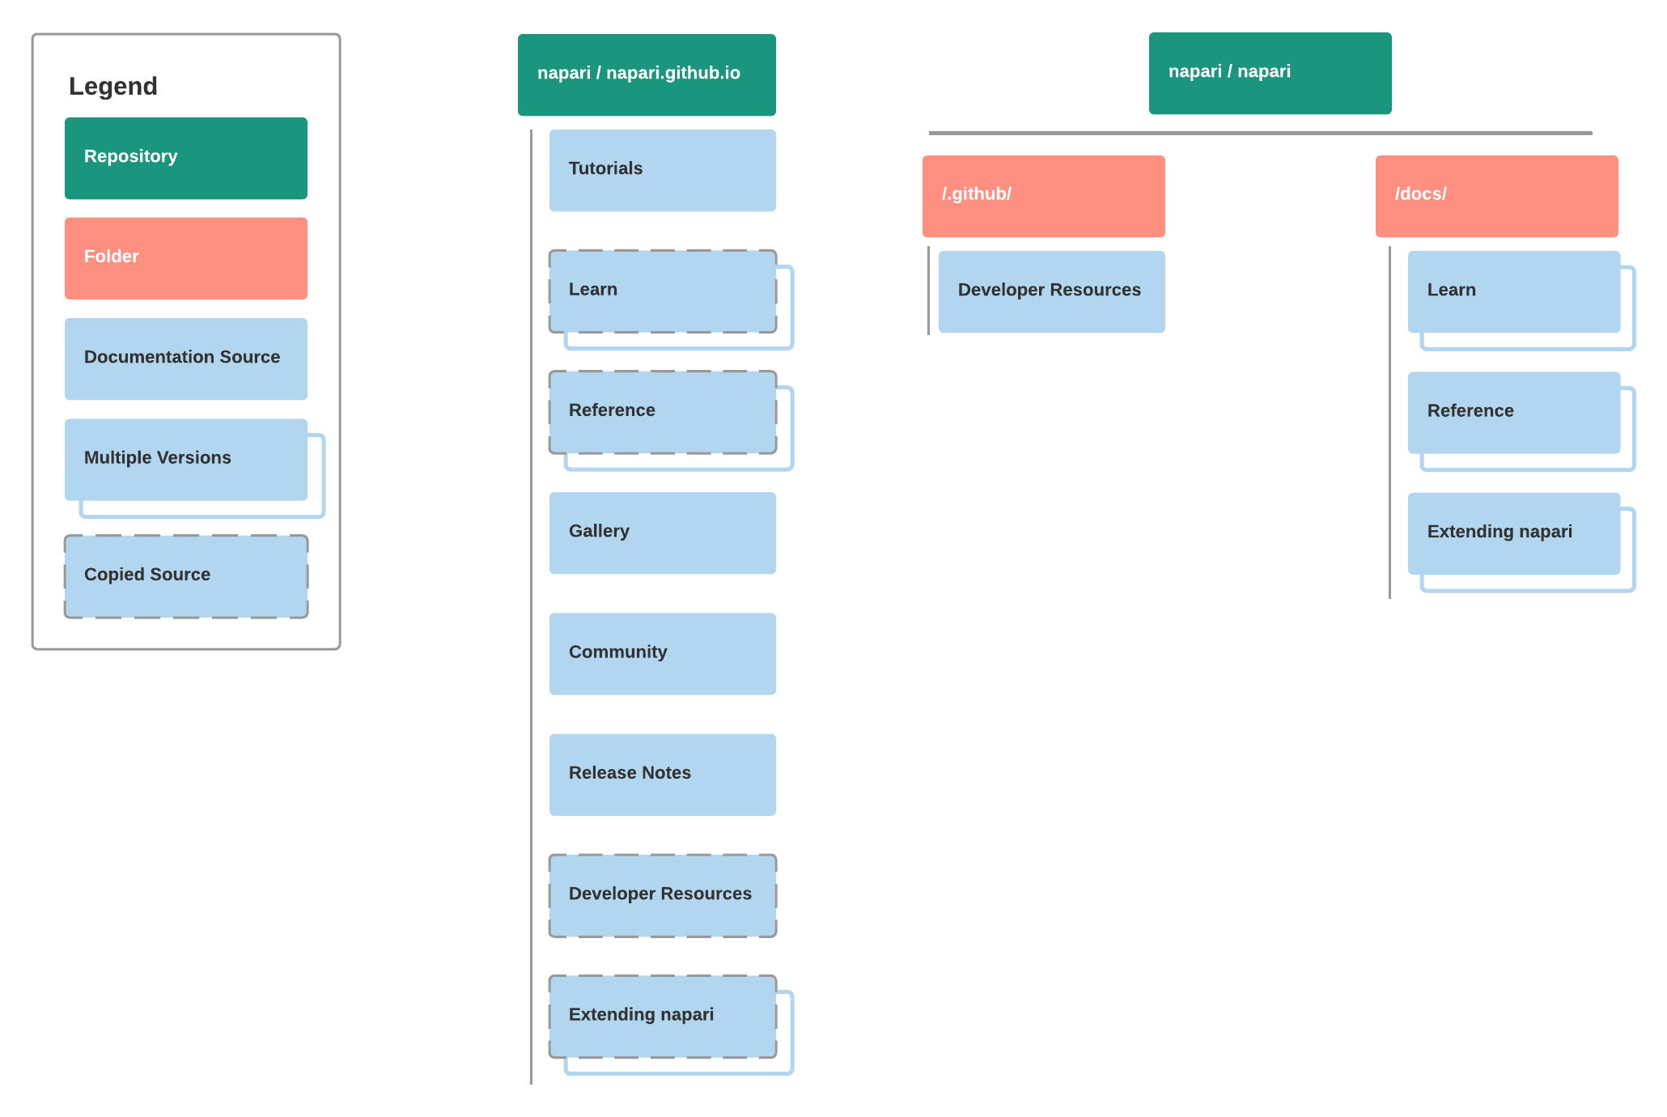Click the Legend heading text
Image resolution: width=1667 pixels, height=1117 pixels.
[x=113, y=86]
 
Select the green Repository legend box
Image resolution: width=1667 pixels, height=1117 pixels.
[x=186, y=158]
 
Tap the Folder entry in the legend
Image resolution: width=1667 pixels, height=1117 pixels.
[x=186, y=258]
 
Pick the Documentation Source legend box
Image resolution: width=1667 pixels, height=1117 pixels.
[x=186, y=359]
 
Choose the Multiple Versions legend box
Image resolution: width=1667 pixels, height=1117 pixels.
[x=186, y=459]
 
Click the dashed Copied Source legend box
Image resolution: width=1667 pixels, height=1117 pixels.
[x=186, y=575]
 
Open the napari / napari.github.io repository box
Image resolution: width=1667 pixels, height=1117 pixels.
[x=647, y=74]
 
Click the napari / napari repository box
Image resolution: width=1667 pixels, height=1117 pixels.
[x=1270, y=73]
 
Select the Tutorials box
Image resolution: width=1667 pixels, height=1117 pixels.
[x=663, y=170]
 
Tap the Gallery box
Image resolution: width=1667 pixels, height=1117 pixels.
[x=663, y=533]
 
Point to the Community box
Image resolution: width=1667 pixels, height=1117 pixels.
[x=663, y=653]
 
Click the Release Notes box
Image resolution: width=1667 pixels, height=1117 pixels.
[x=663, y=774]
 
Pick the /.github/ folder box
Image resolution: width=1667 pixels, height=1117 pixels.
[x=1044, y=196]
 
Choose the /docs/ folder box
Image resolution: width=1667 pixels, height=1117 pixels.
[x=1497, y=196]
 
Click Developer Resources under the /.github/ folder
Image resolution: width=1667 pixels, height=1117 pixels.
[x=1052, y=291]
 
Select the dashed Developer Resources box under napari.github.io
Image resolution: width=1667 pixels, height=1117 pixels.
[x=663, y=894]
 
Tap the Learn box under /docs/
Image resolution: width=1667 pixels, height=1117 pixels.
[x=1514, y=291]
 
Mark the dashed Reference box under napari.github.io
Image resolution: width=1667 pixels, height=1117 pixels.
[x=663, y=412]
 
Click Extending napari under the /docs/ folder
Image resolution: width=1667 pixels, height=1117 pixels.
[x=1514, y=533]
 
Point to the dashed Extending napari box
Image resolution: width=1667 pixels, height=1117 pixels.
[x=663, y=1016]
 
